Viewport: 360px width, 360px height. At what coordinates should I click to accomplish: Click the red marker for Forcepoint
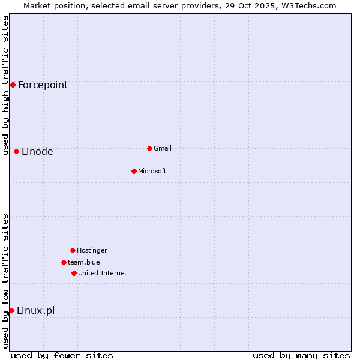[13, 85]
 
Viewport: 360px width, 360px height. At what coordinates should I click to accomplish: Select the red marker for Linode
[16, 151]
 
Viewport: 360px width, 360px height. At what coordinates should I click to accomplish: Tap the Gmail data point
[149, 148]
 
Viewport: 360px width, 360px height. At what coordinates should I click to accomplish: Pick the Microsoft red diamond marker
[134, 171]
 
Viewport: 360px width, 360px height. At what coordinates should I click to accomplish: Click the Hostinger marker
[73, 250]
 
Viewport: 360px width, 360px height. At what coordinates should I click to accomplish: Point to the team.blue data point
[64, 262]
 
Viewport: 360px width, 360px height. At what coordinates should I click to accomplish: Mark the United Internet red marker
[74, 273]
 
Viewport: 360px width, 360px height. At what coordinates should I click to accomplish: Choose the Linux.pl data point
[11, 310]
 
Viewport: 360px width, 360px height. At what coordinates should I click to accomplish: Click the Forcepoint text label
[43, 85]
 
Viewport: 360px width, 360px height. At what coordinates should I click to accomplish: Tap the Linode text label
[37, 151]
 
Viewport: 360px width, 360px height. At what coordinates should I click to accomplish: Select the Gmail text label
[163, 148]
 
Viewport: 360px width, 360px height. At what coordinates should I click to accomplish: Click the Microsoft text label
[152, 171]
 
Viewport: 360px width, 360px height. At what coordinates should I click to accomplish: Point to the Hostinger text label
[92, 250]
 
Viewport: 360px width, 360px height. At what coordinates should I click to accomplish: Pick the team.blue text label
[84, 262]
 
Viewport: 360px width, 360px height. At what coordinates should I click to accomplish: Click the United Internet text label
[103, 273]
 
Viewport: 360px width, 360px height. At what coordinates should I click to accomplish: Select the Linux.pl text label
[35, 310]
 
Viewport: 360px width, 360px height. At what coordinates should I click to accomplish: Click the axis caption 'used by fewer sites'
[62, 355]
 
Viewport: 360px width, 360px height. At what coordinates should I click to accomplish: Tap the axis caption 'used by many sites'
[301, 355]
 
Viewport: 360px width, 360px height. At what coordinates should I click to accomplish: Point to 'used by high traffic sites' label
[5, 85]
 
